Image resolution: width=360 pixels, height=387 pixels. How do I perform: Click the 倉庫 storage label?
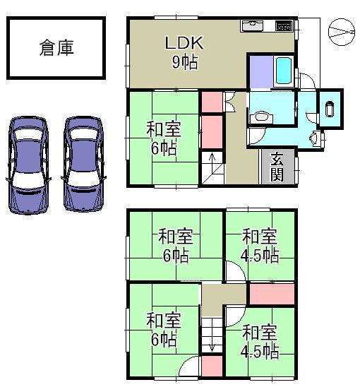tap(56, 48)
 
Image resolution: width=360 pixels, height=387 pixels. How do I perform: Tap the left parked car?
tap(28, 164)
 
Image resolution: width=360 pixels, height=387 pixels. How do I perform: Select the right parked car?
tap(83, 164)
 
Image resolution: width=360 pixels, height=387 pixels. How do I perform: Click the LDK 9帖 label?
tap(184, 52)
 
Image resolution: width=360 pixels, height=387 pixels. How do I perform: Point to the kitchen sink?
tap(253, 27)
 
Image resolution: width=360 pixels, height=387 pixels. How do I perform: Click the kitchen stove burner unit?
tap(283, 27)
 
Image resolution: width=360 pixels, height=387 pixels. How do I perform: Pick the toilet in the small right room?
tap(329, 109)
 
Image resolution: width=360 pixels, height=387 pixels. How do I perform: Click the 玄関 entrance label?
tap(277, 167)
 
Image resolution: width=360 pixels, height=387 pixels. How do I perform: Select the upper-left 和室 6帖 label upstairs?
tap(172, 245)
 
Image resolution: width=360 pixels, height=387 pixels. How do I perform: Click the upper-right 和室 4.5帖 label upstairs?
tap(259, 245)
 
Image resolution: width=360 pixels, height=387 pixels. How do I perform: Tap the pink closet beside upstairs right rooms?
tap(272, 293)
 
